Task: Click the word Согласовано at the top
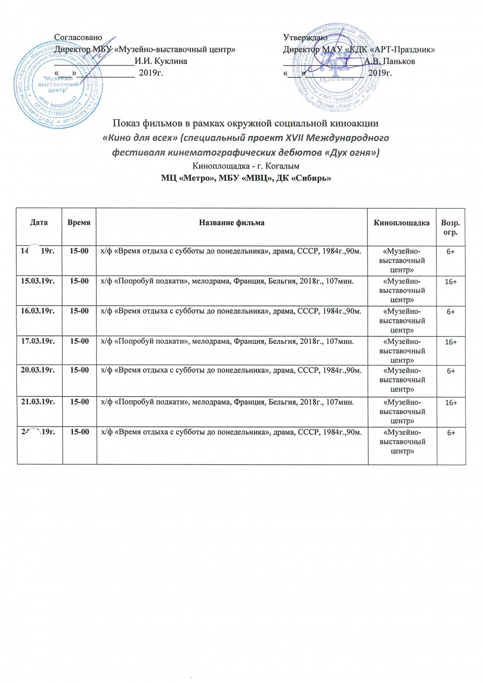pyautogui.click(x=78, y=37)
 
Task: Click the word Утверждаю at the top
pyautogui.click(x=305, y=37)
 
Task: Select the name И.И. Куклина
pyautogui.click(x=161, y=61)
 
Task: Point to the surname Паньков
pyautogui.click(x=399, y=61)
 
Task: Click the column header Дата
pyautogui.click(x=39, y=223)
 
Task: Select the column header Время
pyautogui.click(x=79, y=223)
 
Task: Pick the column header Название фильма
pyautogui.click(x=231, y=223)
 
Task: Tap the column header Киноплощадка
pyautogui.click(x=401, y=223)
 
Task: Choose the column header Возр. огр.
pyautogui.click(x=450, y=228)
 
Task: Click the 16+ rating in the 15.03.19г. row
pyautogui.click(x=451, y=282)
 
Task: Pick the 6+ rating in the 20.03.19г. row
pyautogui.click(x=451, y=371)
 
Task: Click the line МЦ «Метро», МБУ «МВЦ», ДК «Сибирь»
pyautogui.click(x=246, y=178)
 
